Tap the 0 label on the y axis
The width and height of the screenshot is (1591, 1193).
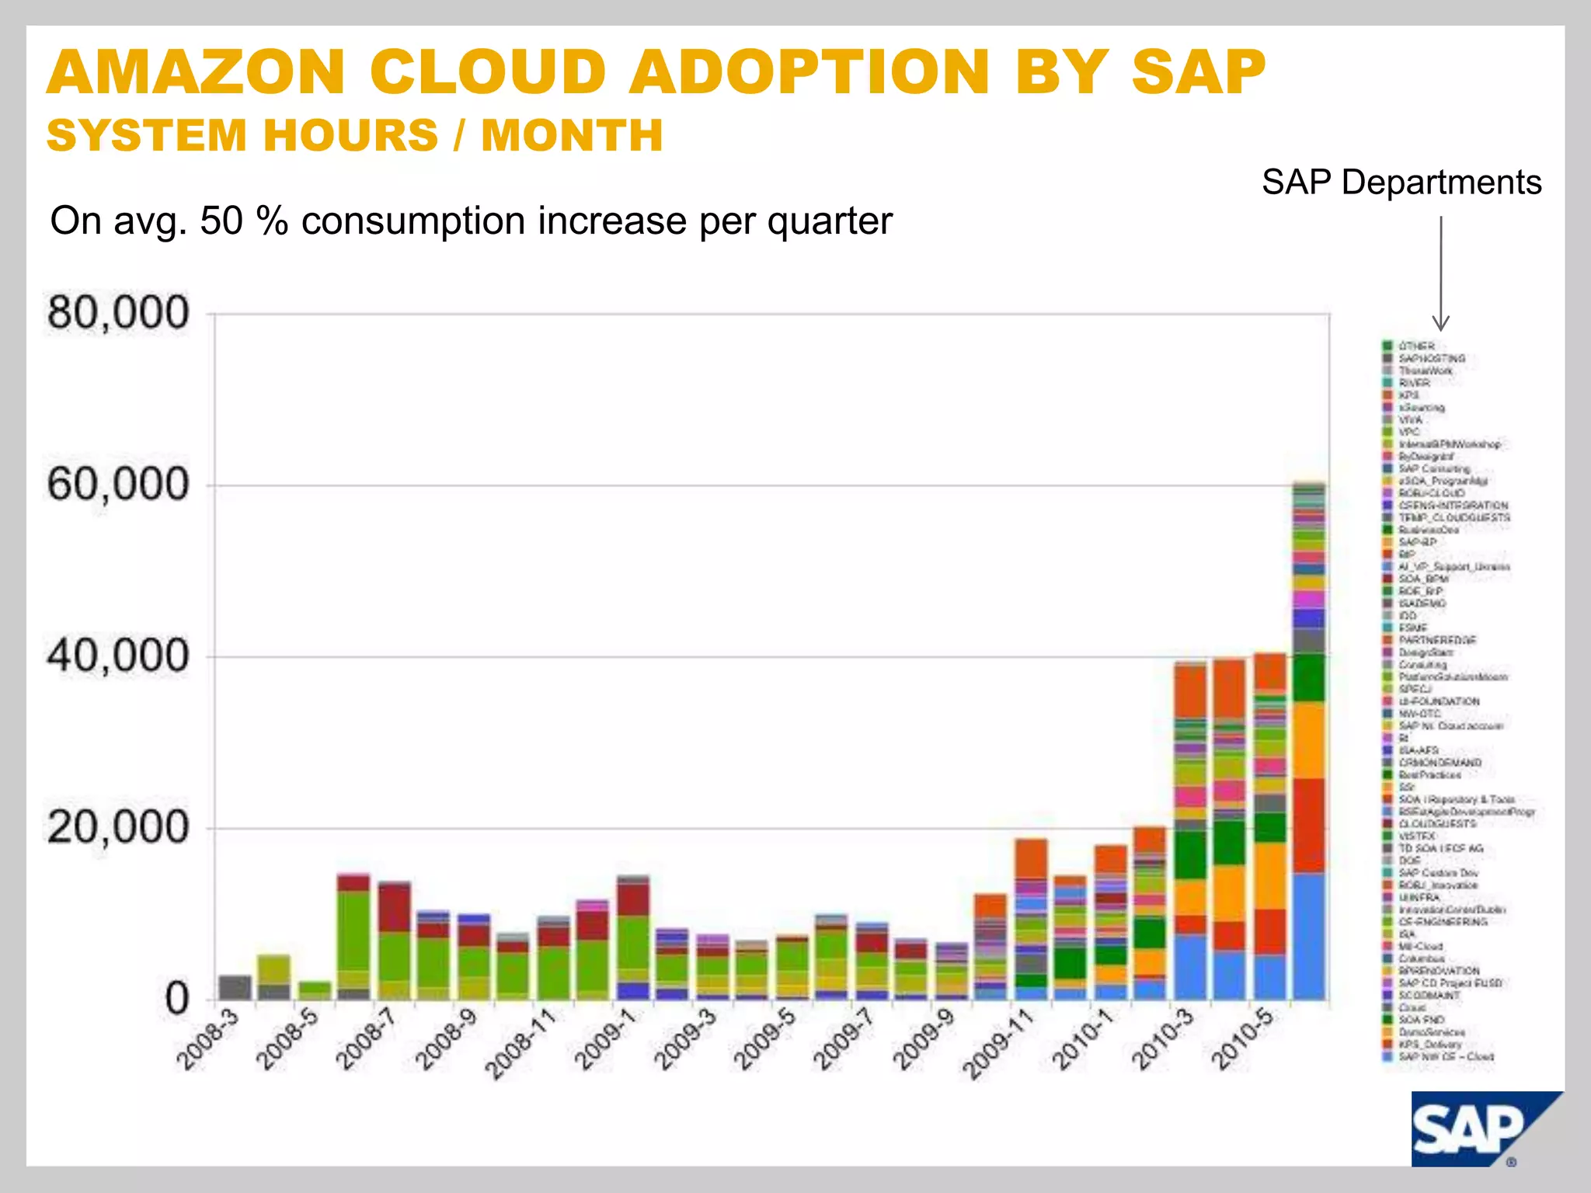click(177, 998)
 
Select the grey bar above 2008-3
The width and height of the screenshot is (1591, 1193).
click(235, 987)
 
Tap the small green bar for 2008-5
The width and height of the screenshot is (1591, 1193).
click(315, 990)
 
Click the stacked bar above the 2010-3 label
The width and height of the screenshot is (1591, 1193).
click(1190, 831)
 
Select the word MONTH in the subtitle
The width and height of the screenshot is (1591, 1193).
click(572, 135)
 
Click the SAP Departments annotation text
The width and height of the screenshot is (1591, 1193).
click(1401, 183)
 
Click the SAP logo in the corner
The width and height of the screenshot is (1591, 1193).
click(1476, 1130)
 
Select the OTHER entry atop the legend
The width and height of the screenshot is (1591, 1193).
click(1416, 346)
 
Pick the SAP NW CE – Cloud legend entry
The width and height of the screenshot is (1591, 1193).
click(1446, 1056)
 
